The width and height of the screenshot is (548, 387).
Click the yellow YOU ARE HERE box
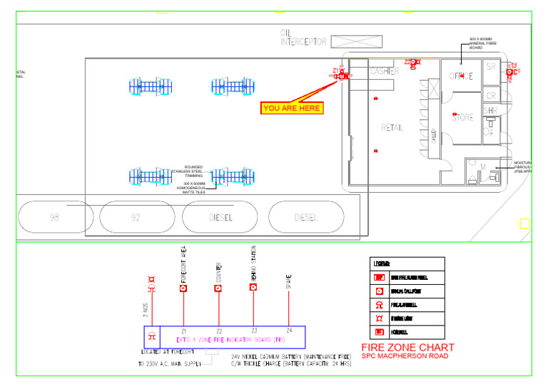(292, 109)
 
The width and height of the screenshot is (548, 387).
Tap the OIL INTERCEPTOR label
(303, 38)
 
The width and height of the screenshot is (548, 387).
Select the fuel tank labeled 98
(54, 217)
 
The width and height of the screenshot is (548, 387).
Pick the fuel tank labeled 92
(136, 217)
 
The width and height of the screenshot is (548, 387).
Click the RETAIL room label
(392, 128)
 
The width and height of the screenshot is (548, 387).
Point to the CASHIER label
(385, 71)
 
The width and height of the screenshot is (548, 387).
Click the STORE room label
(462, 118)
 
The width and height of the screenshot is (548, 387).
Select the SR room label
(490, 68)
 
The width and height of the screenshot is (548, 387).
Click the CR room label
(490, 95)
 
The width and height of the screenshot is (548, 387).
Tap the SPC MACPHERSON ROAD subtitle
(405, 356)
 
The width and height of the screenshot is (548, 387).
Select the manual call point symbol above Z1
(183, 288)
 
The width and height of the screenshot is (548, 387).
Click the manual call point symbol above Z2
(218, 288)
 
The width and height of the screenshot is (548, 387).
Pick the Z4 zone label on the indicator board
(288, 331)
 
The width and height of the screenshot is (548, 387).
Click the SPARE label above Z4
(288, 281)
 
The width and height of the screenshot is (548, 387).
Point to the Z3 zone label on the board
(253, 331)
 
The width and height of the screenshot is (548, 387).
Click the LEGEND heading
(381, 264)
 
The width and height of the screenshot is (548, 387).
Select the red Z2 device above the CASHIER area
(413, 63)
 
